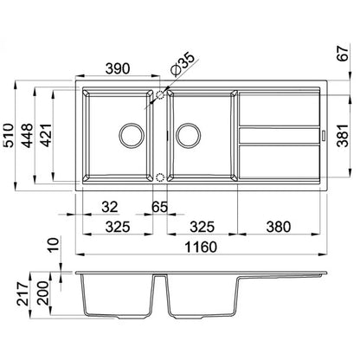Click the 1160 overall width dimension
coord(201,247)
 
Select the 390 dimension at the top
coord(118,68)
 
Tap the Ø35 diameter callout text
coord(183,65)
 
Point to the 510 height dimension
coord(8,135)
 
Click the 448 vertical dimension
coord(28,135)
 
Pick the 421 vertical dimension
coord(46,135)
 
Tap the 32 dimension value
coord(110,207)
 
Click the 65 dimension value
coord(159,207)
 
